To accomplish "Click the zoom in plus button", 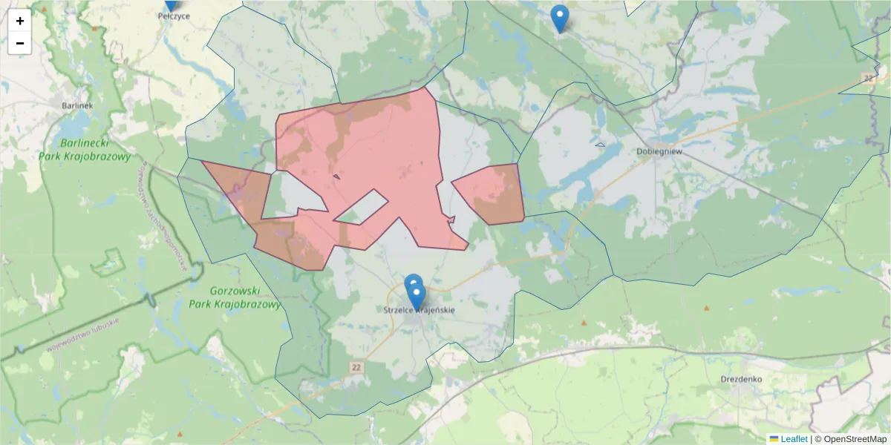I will click(20, 21).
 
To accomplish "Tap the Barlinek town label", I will click(77, 105).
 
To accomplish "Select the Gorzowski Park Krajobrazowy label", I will click(235, 297).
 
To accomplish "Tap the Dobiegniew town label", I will click(659, 151).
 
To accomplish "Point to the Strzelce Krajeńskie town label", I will click(420, 310).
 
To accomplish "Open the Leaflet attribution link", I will click(793, 439).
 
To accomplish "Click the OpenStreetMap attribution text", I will click(850, 439).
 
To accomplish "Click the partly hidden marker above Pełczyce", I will click(172, 4).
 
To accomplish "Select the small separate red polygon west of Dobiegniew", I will click(490, 193).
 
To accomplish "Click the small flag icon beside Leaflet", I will click(774, 439).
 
